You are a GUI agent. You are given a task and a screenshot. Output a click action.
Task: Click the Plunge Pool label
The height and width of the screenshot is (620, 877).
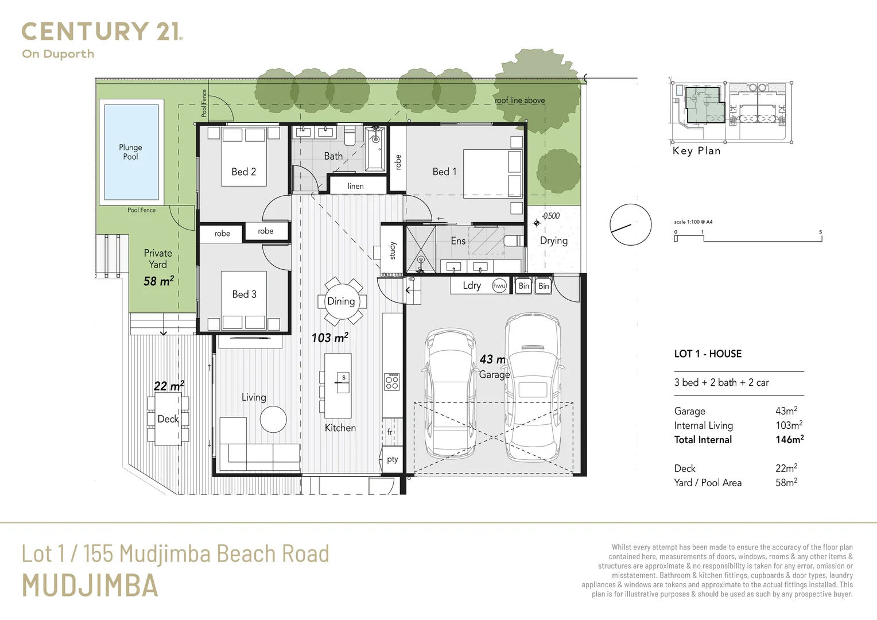click(130, 152)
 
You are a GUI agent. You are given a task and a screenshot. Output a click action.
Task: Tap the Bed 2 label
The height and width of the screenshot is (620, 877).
click(243, 172)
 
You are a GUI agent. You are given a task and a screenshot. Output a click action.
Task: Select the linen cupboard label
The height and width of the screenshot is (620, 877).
click(355, 186)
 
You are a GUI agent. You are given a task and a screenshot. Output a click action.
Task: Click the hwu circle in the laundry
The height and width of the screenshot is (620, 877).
click(499, 286)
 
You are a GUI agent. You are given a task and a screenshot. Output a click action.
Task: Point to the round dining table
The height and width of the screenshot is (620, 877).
click(341, 301)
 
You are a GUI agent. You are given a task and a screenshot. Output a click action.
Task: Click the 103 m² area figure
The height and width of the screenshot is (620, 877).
click(329, 337)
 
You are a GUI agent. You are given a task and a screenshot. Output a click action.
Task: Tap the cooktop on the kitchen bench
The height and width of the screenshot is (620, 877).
click(392, 382)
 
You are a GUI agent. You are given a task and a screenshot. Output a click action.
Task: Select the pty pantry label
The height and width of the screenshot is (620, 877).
click(393, 459)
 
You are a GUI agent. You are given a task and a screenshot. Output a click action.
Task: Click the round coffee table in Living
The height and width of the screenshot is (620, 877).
click(273, 419)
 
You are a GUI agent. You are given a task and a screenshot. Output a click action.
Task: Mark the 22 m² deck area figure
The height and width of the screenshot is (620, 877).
click(169, 386)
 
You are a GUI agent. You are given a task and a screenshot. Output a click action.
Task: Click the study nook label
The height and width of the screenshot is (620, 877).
click(393, 251)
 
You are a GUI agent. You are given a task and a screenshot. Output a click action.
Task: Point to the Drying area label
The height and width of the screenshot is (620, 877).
click(554, 241)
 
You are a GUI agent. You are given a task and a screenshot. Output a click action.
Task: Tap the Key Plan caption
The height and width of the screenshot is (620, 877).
click(697, 151)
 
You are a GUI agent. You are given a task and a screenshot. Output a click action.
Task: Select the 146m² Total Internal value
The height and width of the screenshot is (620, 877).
click(790, 439)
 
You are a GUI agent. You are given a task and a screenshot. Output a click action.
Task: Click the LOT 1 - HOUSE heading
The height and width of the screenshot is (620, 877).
click(708, 354)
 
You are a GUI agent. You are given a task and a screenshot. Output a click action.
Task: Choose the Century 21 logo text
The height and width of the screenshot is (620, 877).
click(102, 32)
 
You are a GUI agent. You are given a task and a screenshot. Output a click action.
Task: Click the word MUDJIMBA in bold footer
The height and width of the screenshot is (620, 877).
click(90, 585)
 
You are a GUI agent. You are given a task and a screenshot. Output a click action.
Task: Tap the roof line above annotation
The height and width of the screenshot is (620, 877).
click(519, 100)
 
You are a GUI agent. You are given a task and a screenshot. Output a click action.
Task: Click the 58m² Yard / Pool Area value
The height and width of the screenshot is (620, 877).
click(786, 482)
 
